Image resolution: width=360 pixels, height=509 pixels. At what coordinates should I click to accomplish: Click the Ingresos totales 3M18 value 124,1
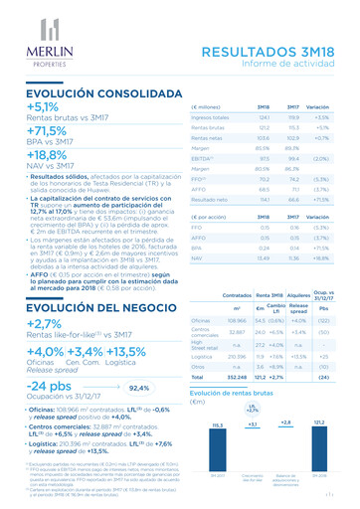coord(263,117)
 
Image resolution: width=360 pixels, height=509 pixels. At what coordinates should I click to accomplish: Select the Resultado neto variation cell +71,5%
coord(318,199)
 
